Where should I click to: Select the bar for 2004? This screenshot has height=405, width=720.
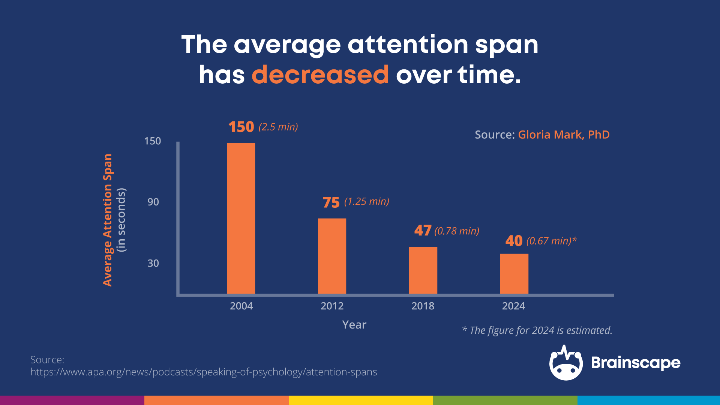click(241, 218)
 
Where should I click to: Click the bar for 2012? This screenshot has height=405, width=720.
click(332, 256)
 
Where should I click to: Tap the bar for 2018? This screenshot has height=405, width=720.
click(423, 270)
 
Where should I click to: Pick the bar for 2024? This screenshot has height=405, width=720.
click(514, 274)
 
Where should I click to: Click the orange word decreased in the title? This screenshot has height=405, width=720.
click(320, 75)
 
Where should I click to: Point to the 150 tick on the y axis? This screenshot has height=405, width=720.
click(153, 141)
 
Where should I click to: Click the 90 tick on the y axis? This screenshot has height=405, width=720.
click(153, 202)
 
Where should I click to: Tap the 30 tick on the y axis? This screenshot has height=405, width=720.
click(153, 263)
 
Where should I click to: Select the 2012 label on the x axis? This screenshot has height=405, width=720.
click(332, 306)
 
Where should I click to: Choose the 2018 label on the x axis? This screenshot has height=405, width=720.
click(423, 306)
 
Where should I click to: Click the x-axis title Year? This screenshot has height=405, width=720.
click(354, 325)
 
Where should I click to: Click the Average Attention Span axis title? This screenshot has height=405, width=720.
click(108, 220)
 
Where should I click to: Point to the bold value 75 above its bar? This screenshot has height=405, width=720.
click(331, 202)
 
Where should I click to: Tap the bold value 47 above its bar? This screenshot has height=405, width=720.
click(423, 230)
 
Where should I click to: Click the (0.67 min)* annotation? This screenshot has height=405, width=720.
click(551, 241)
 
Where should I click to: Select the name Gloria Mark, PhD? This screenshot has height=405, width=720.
click(564, 135)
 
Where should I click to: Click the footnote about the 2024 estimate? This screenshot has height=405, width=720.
click(537, 330)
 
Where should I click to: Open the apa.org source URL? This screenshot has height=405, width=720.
click(204, 372)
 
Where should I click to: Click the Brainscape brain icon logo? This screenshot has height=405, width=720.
click(565, 363)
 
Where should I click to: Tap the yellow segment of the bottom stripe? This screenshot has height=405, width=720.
click(361, 400)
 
